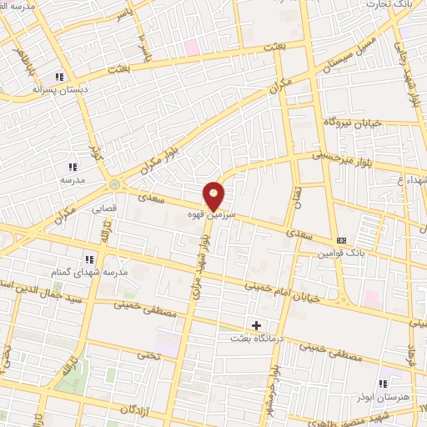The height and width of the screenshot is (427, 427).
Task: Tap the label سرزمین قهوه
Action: coord(213,214)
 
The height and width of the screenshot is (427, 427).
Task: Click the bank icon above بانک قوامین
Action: coord(340,240)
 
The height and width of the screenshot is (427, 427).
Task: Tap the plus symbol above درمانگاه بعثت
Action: coord(256,324)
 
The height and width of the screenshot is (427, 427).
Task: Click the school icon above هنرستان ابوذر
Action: coord(382,384)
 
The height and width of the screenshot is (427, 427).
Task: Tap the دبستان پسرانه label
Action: coord(60,88)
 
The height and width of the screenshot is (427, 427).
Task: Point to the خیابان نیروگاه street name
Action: coord(356,123)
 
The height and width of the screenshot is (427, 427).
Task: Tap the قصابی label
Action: coord(114,200)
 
